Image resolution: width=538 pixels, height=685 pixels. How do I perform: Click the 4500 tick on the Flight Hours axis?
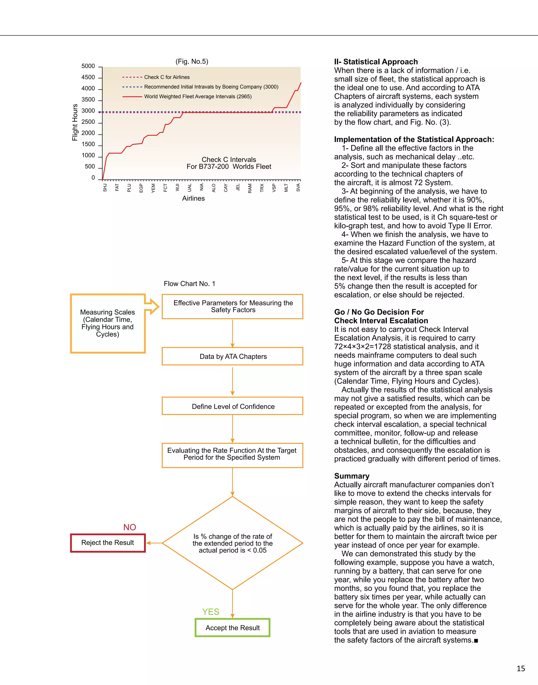(88, 77)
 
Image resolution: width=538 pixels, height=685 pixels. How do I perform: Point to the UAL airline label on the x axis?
(189, 188)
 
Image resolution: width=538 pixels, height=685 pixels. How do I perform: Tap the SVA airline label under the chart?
(298, 188)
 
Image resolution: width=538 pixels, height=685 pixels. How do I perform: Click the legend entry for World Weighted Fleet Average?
(198, 96)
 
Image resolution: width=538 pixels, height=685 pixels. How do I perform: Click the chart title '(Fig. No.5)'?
(192, 61)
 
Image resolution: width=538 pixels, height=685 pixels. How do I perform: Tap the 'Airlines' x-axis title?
(193, 198)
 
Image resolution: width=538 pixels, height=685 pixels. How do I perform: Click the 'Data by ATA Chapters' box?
(232, 356)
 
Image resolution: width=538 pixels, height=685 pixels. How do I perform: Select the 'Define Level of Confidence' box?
(232, 406)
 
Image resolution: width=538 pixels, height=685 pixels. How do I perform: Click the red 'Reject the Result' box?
(108, 543)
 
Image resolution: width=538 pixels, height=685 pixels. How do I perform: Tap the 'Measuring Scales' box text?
(107, 323)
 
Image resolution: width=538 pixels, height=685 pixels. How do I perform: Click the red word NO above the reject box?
(130, 527)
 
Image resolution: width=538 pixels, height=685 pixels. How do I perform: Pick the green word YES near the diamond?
(210, 612)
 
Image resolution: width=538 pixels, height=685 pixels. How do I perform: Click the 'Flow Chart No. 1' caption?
(189, 283)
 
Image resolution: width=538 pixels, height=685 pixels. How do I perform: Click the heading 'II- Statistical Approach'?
(376, 62)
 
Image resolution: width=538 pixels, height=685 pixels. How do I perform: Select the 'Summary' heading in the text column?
(351, 476)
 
